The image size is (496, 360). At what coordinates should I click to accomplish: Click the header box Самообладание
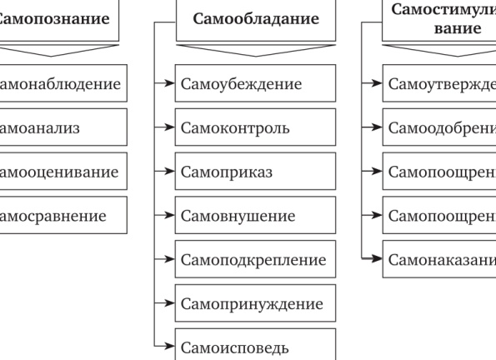pos(255,18)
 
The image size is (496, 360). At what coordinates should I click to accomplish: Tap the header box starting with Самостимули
pos(438,18)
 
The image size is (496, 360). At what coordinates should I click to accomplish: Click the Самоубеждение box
pos(255,84)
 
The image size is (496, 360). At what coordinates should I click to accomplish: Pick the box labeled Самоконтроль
pos(255,128)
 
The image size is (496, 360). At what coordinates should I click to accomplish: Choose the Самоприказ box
pos(255,172)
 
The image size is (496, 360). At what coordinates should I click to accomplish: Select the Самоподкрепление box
pos(255,260)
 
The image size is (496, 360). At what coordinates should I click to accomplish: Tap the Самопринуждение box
pos(255,304)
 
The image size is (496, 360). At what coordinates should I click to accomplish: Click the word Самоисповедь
pos(235,347)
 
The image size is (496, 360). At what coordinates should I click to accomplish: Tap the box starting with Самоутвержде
pos(438,84)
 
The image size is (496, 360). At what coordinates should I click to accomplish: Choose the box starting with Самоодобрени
pos(438,128)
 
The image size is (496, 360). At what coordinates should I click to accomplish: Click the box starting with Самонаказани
pos(438,260)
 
